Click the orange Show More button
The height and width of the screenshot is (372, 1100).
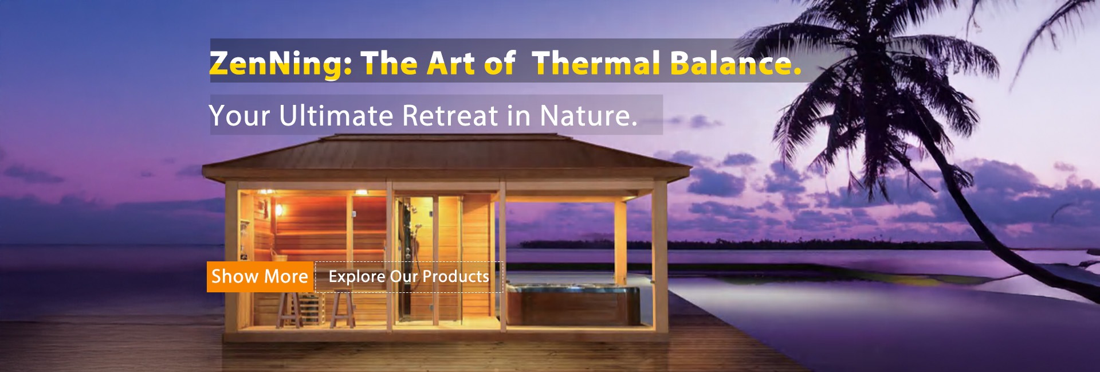pos(260,277)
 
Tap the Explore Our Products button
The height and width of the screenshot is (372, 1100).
pos(409,277)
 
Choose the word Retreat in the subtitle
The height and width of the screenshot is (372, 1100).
pos(450,116)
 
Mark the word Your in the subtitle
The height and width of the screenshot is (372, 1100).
pos(239,116)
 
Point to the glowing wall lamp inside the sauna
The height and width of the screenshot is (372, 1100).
pos(279,210)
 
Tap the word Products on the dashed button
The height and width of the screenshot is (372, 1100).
pos(455,277)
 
